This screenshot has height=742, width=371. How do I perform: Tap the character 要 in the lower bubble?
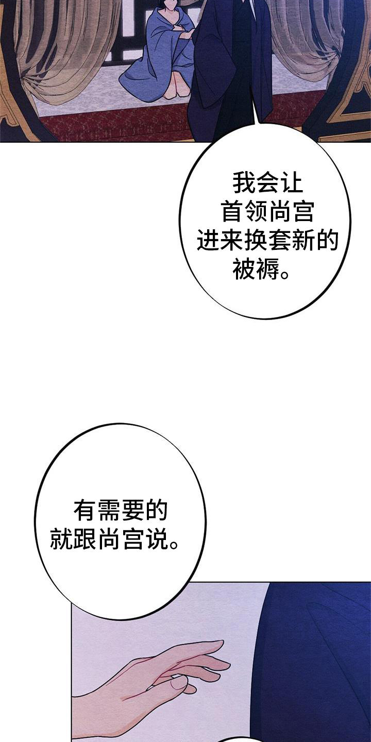click(132, 510)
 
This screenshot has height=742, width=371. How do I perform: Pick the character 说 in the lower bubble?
click(156, 538)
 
